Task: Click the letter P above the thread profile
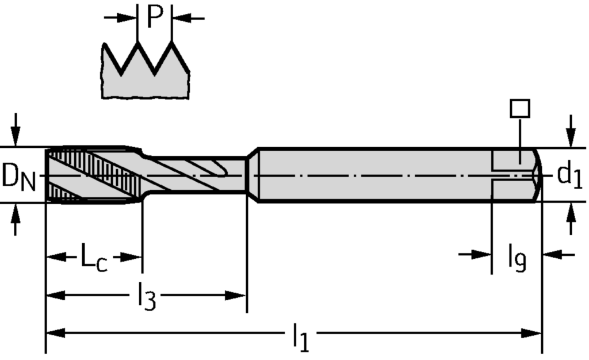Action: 155,17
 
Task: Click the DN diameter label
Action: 18,177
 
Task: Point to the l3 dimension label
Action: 146,297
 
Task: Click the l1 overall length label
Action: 300,337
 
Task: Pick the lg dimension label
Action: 517,258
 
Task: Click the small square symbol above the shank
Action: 519,108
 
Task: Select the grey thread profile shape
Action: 146,78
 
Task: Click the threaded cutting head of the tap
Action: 92,175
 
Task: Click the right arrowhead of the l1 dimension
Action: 533,333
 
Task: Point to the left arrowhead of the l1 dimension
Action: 55,333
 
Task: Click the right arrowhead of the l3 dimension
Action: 237,296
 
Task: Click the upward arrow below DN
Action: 16,216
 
